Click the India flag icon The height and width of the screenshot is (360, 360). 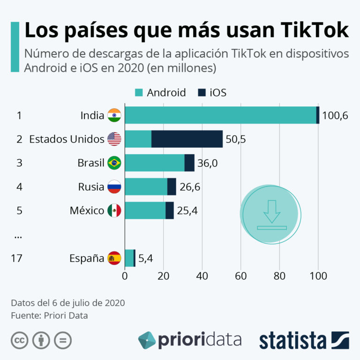point(114,115)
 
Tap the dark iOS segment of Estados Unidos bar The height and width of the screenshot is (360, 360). point(187,139)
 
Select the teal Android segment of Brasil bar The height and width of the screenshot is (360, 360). point(155,163)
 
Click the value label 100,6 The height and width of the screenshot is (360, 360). point(335,115)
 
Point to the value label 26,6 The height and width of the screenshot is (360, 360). point(190,187)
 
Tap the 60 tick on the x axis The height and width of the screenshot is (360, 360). point(241,276)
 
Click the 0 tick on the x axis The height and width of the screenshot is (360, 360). point(125,276)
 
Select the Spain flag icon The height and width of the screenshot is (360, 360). point(114,258)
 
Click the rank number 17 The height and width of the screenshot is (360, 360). point(16,258)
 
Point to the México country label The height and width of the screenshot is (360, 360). point(87,210)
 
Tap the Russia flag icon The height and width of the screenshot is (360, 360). point(114,187)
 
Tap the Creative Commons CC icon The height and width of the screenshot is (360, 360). point(19,340)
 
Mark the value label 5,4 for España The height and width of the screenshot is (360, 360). point(145,258)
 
